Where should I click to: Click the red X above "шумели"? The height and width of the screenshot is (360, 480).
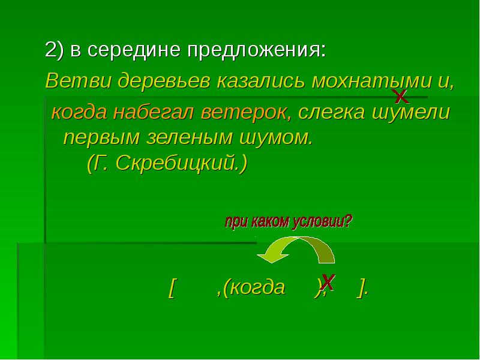click(400, 97)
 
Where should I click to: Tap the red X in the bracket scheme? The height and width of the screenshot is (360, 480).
click(328, 281)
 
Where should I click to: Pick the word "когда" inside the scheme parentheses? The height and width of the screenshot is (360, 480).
click(260, 287)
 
